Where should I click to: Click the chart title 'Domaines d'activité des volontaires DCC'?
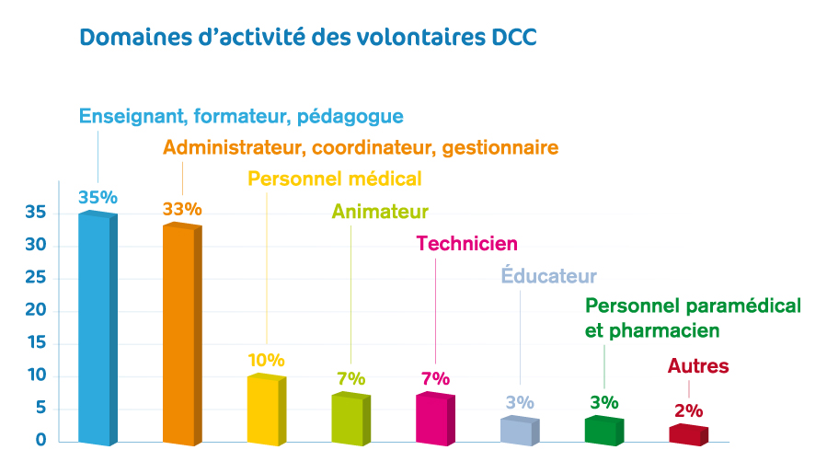(x=307, y=39)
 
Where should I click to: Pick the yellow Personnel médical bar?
(x=265, y=409)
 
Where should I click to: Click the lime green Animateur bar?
(x=350, y=419)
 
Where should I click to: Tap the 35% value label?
(x=98, y=197)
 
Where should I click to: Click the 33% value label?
(x=182, y=209)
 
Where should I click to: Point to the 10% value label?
(x=266, y=360)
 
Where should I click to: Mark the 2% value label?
(x=688, y=410)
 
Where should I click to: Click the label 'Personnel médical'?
(x=335, y=179)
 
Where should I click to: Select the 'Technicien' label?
(x=467, y=243)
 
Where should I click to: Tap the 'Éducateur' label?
(x=548, y=275)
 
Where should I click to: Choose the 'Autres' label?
(x=698, y=366)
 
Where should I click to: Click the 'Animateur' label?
(x=380, y=212)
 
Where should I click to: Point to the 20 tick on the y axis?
(x=36, y=311)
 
